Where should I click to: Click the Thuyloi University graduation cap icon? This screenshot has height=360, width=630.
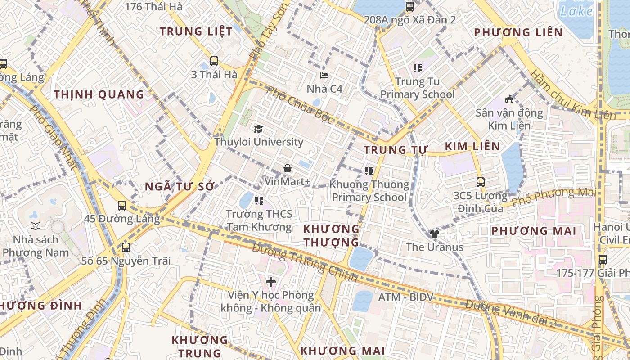tap(258, 129)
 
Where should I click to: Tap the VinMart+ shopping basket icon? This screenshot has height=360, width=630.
tap(288, 169)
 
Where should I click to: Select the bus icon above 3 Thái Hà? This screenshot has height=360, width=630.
tap(214, 61)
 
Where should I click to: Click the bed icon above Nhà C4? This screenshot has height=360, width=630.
tap(324, 76)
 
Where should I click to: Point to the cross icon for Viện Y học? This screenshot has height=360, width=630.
tap(271, 282)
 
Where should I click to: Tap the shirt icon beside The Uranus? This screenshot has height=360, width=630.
tap(434, 234)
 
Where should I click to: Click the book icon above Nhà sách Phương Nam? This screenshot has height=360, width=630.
tap(36, 226)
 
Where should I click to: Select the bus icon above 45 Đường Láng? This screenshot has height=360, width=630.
tap(122, 206)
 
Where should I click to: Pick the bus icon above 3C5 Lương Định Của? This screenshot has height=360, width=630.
tap(481, 182)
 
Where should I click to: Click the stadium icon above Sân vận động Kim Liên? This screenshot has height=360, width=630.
tap(509, 99)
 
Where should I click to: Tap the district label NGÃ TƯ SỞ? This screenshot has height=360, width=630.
tap(180, 187)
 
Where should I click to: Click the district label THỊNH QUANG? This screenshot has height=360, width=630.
tap(99, 94)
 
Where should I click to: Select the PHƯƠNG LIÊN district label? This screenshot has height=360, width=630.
tap(518, 32)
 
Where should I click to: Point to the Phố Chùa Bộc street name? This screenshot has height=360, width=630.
tap(300, 105)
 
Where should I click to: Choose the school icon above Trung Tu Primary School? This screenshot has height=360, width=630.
tap(418, 68)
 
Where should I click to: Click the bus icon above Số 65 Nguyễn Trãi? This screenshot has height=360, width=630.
tap(126, 247)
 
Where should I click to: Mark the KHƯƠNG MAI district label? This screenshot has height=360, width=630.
tap(342, 351)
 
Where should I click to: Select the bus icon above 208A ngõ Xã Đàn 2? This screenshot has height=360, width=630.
tap(409, 7)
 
